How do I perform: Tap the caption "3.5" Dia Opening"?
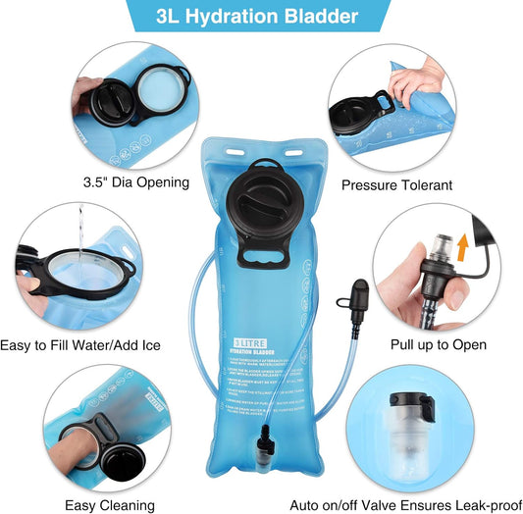point(128,182)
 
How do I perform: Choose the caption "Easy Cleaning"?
point(107,504)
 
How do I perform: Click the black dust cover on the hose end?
point(358,293)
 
